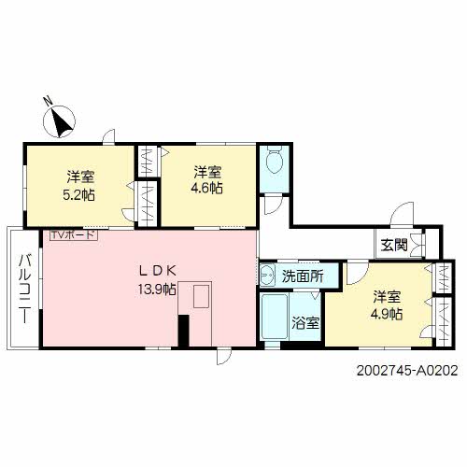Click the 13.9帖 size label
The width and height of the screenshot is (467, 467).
coord(158,289)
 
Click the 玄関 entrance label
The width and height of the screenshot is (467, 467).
coord(393,246)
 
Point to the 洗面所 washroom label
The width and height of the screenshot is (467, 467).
coord(304,276)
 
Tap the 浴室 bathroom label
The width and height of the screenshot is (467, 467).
coord(305,324)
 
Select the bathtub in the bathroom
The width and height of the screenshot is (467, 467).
coord(276,319)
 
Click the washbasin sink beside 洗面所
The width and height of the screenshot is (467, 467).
coord(267,275)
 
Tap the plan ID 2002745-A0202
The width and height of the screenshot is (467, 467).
coord(408,370)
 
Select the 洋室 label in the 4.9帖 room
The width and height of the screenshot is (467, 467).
coord(387,297)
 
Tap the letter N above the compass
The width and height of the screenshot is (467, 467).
coord(49,100)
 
